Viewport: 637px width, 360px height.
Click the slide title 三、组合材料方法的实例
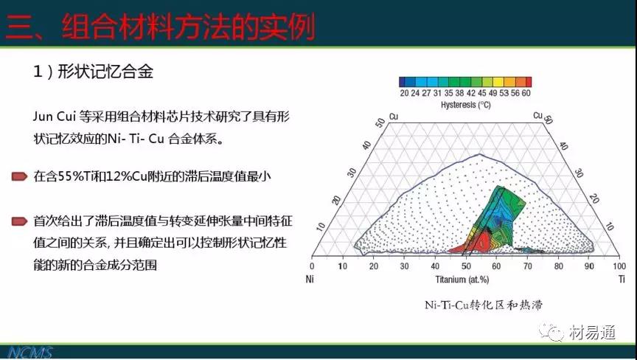(x=161, y=27)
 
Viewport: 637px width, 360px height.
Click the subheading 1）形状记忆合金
(x=93, y=72)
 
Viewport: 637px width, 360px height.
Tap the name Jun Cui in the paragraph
(x=55, y=117)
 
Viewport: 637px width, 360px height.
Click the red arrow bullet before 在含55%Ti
(x=19, y=176)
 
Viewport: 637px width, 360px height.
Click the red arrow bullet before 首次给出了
(x=19, y=221)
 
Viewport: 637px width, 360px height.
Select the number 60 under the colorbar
(x=526, y=93)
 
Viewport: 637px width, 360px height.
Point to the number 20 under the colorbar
(x=404, y=93)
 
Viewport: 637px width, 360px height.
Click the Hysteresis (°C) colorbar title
(x=465, y=105)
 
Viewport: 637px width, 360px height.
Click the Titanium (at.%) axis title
(x=462, y=280)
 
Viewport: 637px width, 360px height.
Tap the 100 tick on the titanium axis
(x=619, y=266)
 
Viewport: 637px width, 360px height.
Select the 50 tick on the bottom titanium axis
(x=466, y=266)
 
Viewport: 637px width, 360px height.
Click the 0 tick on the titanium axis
(x=312, y=266)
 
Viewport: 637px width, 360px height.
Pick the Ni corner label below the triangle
(x=310, y=280)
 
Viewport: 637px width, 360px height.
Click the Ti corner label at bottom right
(x=622, y=280)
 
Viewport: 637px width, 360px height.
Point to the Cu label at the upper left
(x=394, y=117)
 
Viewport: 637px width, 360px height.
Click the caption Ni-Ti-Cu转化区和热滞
(x=484, y=305)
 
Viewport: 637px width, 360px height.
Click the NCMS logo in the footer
(x=29, y=353)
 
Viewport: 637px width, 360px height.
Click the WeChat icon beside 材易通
(x=551, y=333)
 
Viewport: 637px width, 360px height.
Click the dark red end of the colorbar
(x=529, y=82)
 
